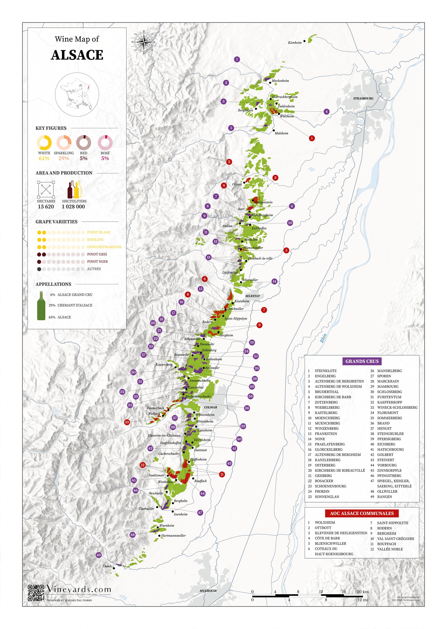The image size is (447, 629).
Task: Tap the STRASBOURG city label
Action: point(363,98)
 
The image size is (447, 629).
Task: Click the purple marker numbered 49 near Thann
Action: point(99,555)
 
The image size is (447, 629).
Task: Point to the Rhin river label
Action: point(323,338)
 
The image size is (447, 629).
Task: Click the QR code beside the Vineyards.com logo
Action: point(36,593)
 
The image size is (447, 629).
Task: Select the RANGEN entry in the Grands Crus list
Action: point(384,497)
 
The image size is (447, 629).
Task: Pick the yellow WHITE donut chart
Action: point(44,143)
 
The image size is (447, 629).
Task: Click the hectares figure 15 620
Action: point(46,206)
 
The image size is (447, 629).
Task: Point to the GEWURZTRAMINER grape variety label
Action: point(104,247)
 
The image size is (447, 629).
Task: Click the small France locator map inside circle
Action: point(77,94)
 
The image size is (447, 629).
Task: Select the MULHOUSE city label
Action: point(208,591)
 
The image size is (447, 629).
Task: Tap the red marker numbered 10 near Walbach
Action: point(127,422)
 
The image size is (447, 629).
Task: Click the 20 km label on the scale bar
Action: point(363,592)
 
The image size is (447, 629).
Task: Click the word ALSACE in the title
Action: point(77,55)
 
